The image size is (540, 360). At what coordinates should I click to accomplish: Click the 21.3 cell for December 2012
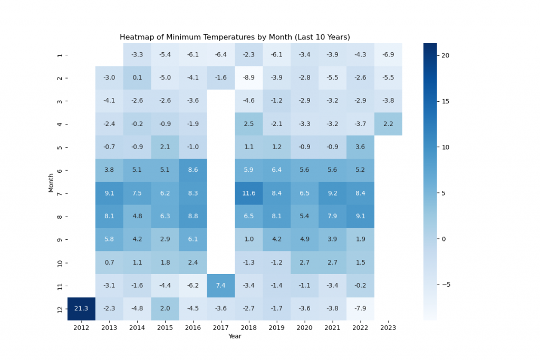tap(81, 309)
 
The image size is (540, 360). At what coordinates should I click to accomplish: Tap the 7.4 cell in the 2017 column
tap(221, 286)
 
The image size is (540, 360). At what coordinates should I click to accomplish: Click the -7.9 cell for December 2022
tap(361, 309)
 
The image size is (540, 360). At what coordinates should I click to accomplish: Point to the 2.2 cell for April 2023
tap(389, 124)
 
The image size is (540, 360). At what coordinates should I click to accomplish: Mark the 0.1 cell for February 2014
tap(137, 78)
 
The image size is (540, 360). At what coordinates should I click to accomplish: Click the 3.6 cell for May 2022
tap(361, 147)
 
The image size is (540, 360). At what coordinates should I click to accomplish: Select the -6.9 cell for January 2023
tap(389, 55)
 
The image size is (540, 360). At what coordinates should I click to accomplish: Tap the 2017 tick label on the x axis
tap(221, 328)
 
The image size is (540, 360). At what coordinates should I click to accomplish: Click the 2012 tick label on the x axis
tap(81, 328)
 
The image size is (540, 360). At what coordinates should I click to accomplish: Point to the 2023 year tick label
tap(389, 328)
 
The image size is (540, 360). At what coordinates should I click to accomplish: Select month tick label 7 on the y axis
tap(59, 193)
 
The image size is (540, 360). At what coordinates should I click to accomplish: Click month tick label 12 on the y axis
tap(59, 309)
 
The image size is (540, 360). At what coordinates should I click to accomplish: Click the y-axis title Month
tap(51, 182)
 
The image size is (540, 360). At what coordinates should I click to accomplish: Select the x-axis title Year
tap(235, 336)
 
